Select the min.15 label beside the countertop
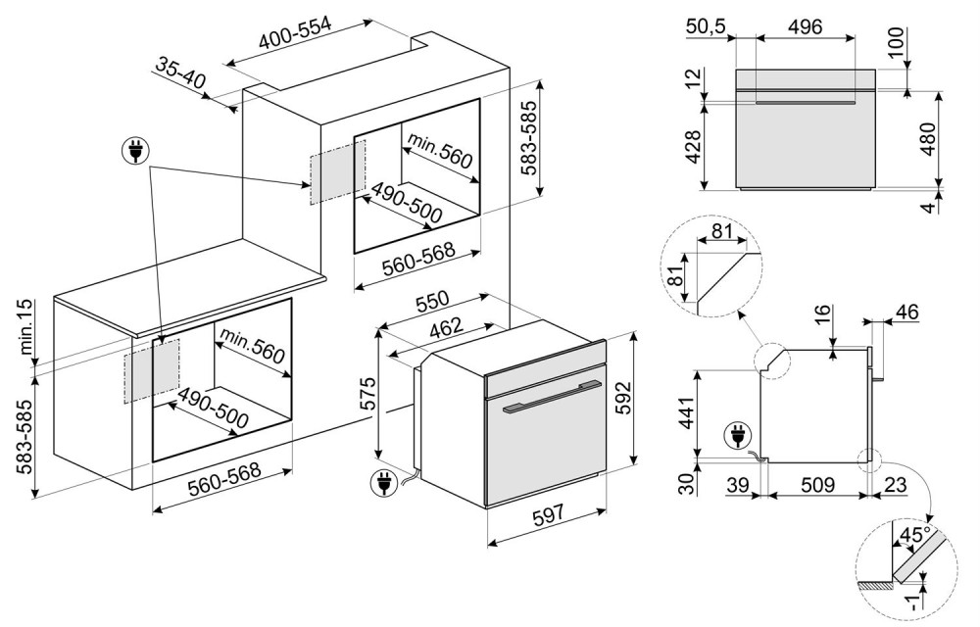coord(26,329)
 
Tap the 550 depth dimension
coord(432,302)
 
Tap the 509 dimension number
coord(817,484)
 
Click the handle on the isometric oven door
coord(550,404)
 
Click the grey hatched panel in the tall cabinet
coord(338,171)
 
